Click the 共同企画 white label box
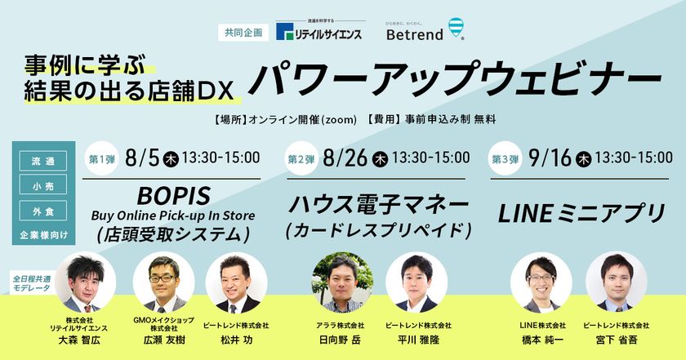point(243,33)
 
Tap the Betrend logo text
point(415,34)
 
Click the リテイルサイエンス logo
point(319,31)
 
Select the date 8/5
point(142,158)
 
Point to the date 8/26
point(345,158)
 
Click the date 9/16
point(550,158)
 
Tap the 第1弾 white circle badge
point(102,158)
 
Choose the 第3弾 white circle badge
point(506,158)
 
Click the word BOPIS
point(174,197)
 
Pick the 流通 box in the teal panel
point(43,161)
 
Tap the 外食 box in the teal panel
point(43,211)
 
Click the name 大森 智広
point(79,340)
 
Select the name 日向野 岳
point(340,340)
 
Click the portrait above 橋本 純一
point(541,282)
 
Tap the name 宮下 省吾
point(616,340)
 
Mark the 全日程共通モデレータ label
point(32,283)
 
